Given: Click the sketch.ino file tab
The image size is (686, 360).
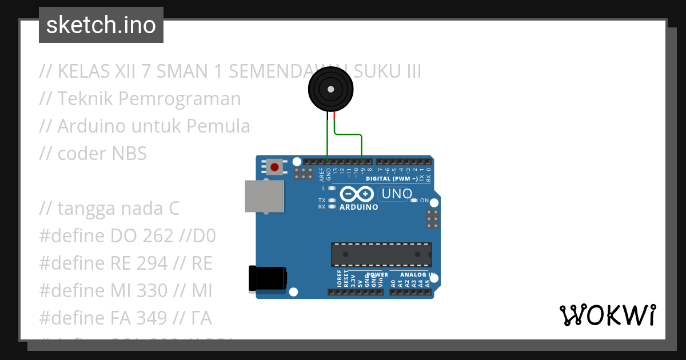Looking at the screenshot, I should [x=101, y=25].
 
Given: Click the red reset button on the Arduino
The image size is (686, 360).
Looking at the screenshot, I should [x=275, y=167].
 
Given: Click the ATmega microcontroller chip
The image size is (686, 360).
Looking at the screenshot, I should [x=381, y=254].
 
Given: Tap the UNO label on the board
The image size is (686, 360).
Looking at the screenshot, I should [x=397, y=194].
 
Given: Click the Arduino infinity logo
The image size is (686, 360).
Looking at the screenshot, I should [x=358, y=194].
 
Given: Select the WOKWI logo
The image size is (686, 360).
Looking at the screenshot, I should [x=607, y=315].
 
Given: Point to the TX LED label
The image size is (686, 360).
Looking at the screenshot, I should [x=322, y=201].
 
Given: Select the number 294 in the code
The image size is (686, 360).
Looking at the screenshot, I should [x=152, y=263].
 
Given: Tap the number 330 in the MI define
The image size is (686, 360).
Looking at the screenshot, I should [x=152, y=291].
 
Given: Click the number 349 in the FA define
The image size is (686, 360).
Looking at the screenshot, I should [x=152, y=318].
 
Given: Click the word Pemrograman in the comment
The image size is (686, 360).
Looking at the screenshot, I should [x=180, y=99].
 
